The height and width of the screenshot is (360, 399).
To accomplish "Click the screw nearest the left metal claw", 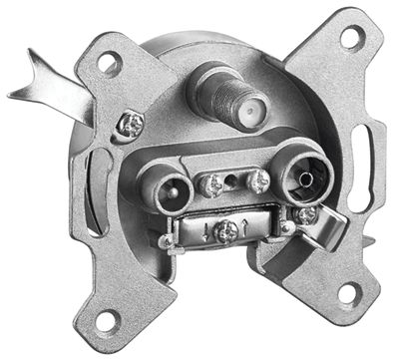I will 130,123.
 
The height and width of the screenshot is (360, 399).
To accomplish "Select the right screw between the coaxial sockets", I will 257,180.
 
